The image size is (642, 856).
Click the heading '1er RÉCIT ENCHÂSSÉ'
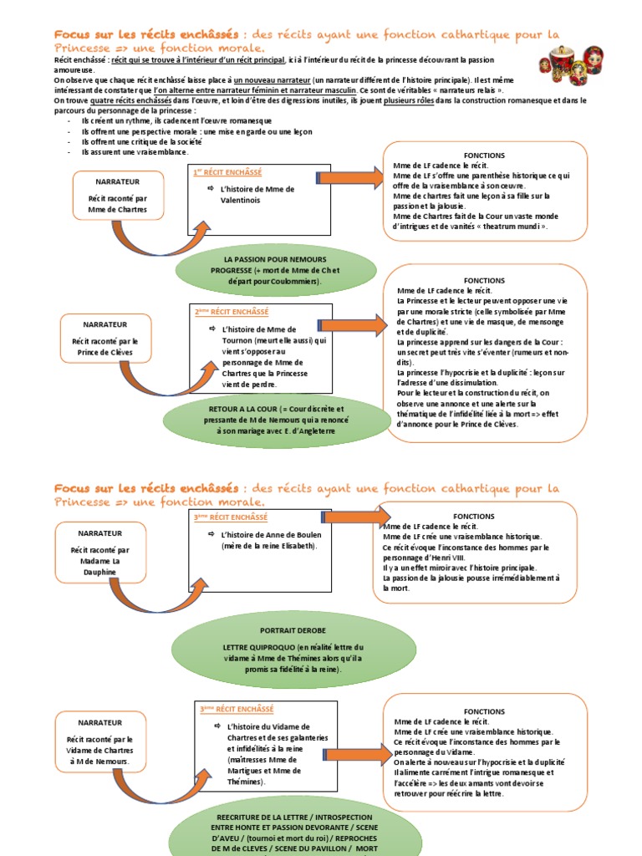[x=227, y=172]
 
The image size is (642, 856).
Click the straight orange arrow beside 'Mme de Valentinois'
[x=350, y=176]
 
